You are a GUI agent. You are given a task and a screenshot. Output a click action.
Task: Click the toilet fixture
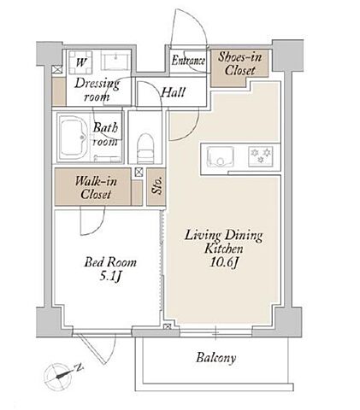point(145,149)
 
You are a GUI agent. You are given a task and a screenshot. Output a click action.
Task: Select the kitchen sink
point(220,157)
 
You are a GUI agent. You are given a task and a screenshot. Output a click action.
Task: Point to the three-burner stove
point(261,156)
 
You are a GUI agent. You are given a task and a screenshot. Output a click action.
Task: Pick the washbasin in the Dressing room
point(115,61)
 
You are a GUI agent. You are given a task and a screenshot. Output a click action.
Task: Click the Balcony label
point(216,358)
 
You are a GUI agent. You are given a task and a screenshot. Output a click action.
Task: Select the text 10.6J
point(224,262)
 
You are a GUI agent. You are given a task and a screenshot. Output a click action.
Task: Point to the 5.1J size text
point(110,277)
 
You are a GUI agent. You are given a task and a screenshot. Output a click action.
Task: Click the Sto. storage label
point(157,185)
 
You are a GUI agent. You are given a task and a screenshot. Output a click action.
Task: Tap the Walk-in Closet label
point(96,188)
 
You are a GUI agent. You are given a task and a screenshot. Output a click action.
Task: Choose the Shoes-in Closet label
point(239,64)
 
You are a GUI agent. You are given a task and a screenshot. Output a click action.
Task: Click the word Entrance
point(188,61)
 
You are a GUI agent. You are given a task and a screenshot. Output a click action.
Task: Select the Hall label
point(173,92)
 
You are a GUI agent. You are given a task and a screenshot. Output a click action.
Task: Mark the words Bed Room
point(110,262)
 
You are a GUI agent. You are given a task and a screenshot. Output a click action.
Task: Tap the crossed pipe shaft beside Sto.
point(139,173)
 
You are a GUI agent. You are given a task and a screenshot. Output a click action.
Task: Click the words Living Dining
point(224,236)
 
